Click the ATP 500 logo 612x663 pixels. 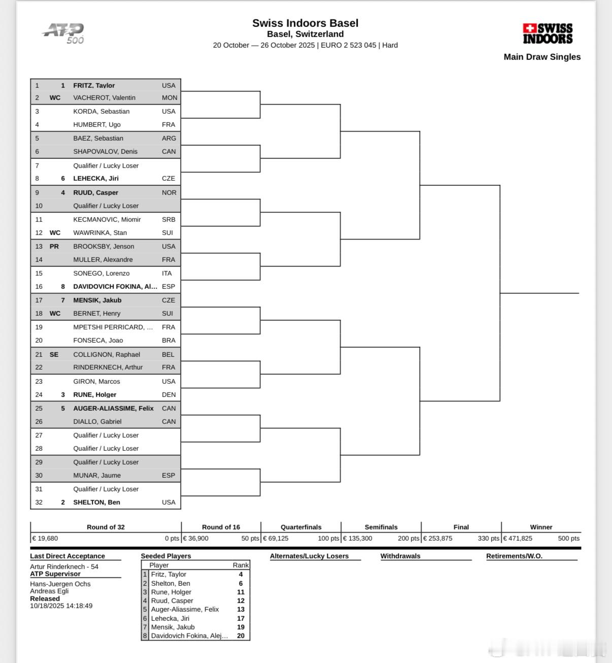[x=64, y=34]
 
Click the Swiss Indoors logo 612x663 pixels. [x=548, y=34]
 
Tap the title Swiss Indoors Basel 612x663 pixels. [x=305, y=23]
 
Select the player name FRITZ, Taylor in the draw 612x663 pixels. [x=94, y=85]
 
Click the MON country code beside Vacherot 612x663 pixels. [x=169, y=97]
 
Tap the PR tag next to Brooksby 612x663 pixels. [x=54, y=246]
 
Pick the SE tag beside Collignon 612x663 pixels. [x=54, y=354]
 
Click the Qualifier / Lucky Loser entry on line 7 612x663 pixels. [x=106, y=165]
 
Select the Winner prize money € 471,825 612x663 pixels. [x=518, y=538]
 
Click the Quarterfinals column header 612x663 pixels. [x=301, y=527]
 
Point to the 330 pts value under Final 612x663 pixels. [x=488, y=538]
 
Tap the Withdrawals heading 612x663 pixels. [x=400, y=556]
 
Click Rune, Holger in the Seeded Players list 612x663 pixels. [x=171, y=592]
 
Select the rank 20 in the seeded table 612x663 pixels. [x=241, y=636]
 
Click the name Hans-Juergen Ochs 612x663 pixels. [x=60, y=584]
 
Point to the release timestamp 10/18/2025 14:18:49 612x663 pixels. [x=61, y=606]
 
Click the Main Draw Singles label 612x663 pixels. [x=542, y=57]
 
